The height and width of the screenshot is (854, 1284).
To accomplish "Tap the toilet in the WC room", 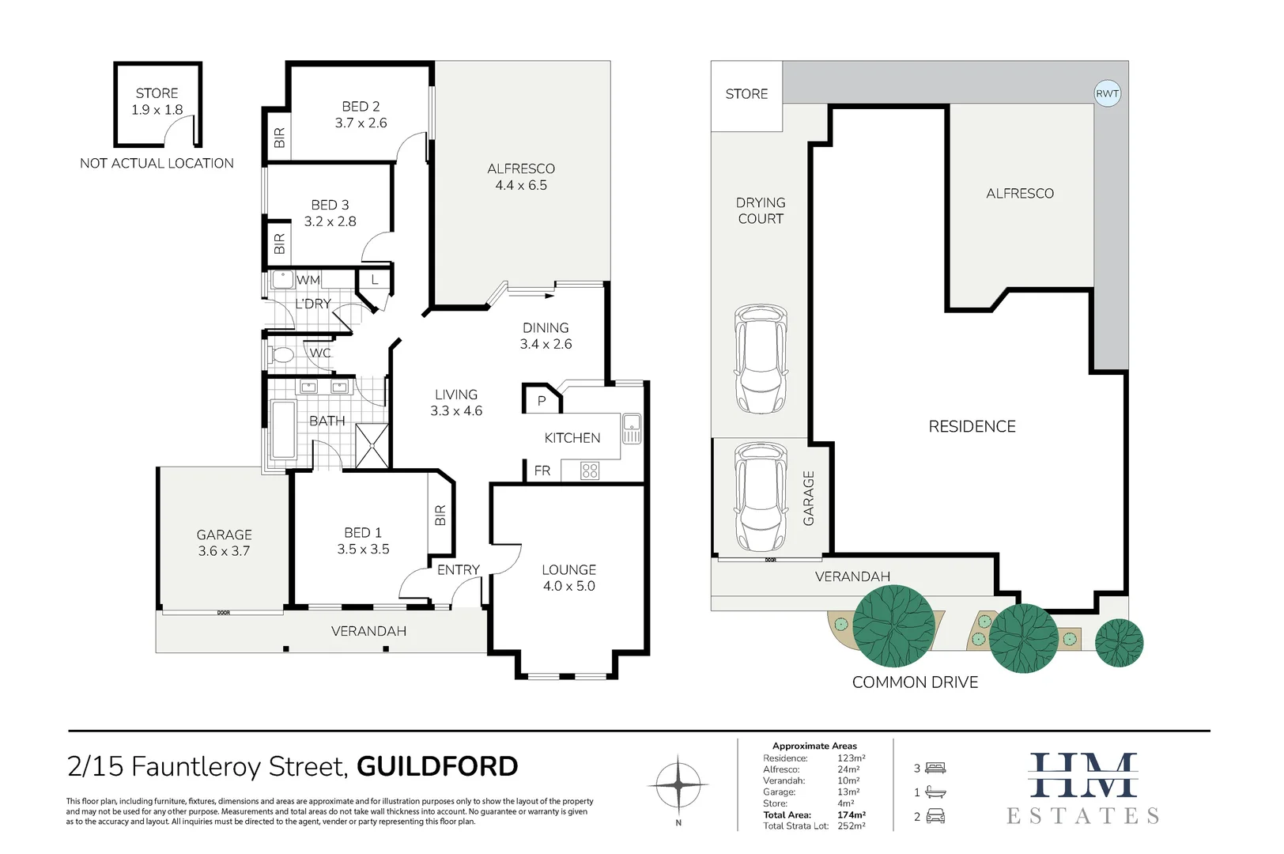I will tap(281, 354).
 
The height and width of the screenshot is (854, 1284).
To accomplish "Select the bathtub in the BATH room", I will tap(282, 429).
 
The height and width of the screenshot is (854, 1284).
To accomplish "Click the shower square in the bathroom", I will tap(372, 446).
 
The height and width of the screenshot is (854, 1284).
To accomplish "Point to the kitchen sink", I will tap(632, 429).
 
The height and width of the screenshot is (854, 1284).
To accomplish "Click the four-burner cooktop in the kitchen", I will tap(590, 471).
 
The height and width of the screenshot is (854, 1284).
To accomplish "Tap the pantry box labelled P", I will tap(542, 400).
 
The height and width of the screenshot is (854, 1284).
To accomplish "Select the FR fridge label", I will tap(542, 470).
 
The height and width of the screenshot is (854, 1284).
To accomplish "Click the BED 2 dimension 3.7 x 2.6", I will tap(361, 123).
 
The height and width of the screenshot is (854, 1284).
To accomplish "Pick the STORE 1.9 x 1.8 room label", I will tap(157, 101).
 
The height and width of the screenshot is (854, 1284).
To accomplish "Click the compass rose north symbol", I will tap(678, 784).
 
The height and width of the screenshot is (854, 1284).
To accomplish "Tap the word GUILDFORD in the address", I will tap(437, 766).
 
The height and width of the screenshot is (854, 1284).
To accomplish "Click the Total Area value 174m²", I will tap(852, 814).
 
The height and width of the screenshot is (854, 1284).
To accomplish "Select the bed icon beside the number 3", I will tap(935, 768).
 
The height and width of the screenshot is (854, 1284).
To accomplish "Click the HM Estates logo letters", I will tap(1082, 777).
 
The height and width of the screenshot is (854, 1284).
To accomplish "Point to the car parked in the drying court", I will tap(761, 358).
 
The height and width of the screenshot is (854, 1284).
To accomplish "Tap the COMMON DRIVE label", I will tap(915, 682).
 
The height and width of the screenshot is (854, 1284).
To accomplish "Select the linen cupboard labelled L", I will tap(375, 279).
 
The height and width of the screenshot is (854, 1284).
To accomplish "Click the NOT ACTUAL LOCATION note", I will tap(157, 163).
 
